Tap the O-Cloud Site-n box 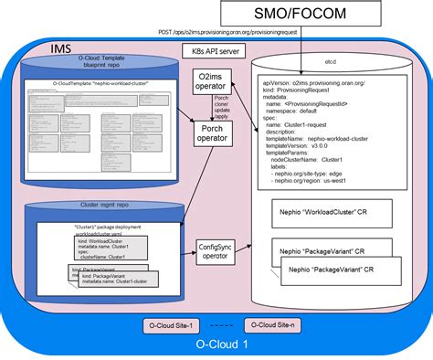tap(273, 323)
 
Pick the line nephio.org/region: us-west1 tap(320, 183)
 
